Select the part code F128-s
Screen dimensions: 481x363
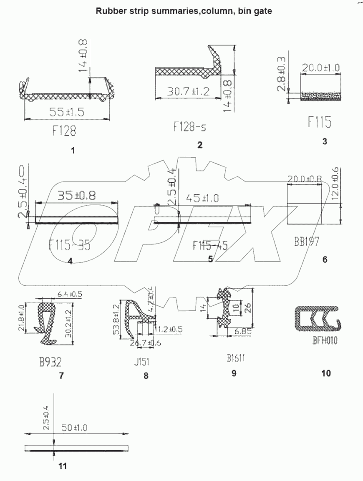pyautogui.click(x=190, y=126)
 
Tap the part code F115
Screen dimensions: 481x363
pyautogui.click(x=320, y=122)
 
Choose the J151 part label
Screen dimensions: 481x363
pyautogui.click(x=142, y=361)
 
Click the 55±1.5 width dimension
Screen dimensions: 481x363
pyautogui.click(x=67, y=111)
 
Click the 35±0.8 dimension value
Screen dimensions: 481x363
pyautogui.click(x=76, y=195)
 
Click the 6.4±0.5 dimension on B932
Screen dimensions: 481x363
pyautogui.click(x=70, y=295)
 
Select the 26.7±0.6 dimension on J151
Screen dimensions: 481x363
pyautogui.click(x=145, y=343)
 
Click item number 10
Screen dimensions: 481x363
pyautogui.click(x=326, y=373)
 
